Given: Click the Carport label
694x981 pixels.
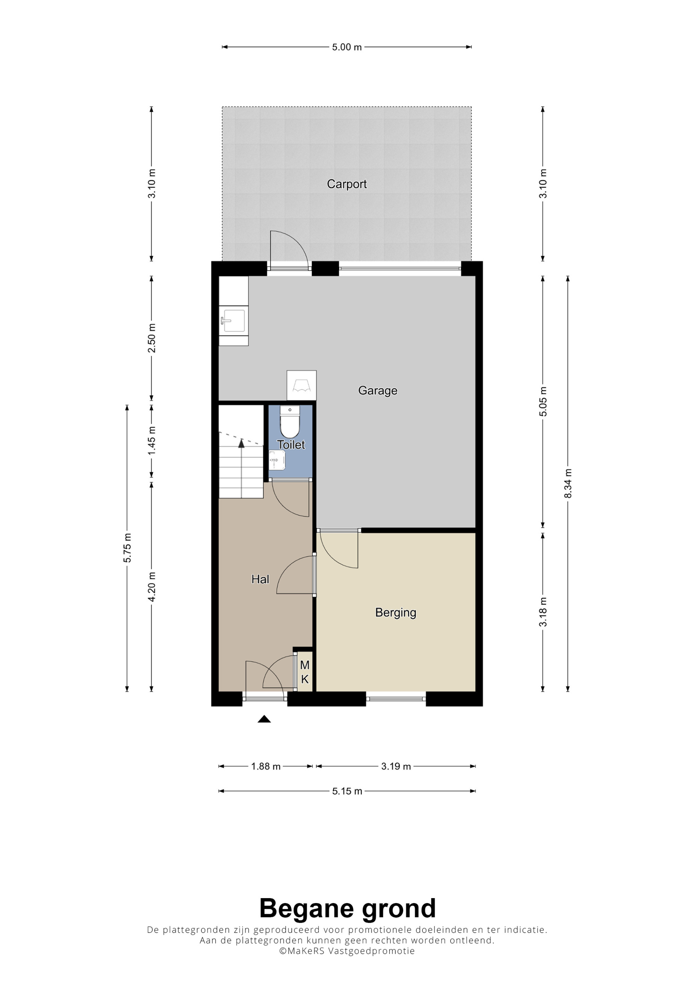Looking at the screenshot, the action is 347,184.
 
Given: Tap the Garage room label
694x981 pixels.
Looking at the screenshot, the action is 378,391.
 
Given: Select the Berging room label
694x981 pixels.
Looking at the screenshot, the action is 396,613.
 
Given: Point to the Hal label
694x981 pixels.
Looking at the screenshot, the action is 260,579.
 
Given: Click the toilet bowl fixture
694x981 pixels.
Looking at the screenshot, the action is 290,422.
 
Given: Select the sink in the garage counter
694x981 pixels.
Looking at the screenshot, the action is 234,321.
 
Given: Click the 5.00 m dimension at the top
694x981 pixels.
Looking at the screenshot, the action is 347,47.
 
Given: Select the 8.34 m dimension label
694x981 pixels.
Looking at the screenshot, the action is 568,483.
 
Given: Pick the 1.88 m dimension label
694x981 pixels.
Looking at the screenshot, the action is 265,766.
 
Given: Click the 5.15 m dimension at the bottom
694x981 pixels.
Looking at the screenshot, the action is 347,791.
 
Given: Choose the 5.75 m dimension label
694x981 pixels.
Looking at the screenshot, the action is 127,548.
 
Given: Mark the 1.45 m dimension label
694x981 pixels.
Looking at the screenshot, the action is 152,441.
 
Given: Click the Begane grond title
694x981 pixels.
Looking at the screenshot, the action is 347,908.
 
